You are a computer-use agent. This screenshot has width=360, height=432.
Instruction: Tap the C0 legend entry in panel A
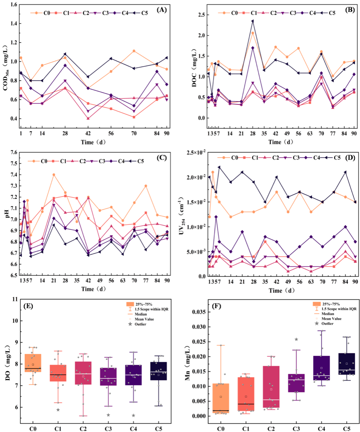pos(42,13)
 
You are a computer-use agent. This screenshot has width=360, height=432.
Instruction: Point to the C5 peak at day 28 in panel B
pos(252,21)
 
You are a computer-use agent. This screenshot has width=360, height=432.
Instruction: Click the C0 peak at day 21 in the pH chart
pos(54,175)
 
